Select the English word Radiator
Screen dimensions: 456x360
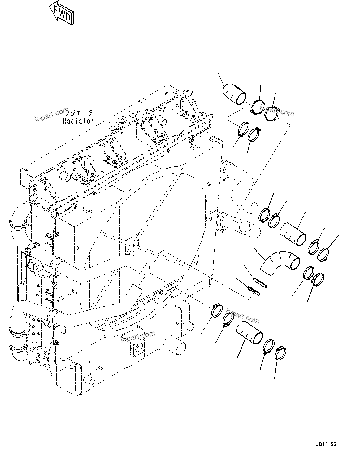tap(78, 121)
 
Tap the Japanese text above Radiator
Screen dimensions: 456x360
tap(81, 113)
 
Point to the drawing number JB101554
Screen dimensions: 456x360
tap(327, 445)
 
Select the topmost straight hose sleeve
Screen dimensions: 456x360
tap(235, 93)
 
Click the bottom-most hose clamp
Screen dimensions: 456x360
tap(280, 353)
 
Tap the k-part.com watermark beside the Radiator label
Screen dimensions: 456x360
tap(51, 114)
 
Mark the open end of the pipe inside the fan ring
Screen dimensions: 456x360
tap(145, 269)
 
